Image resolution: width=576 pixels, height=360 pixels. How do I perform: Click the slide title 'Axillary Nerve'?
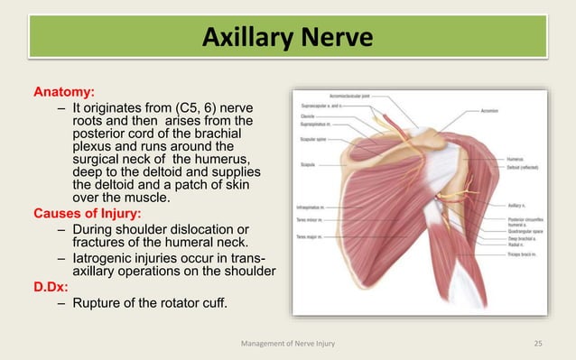(287, 39)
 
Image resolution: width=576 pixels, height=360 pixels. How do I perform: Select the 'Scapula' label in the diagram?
(309, 165)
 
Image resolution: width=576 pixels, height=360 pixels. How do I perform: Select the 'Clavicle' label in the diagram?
(308, 116)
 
